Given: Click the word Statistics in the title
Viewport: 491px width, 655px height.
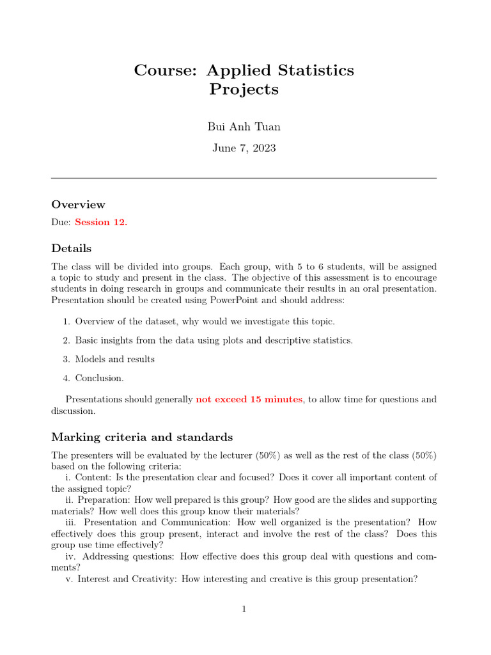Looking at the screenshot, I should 316,70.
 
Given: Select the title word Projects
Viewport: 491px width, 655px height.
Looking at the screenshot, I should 244,90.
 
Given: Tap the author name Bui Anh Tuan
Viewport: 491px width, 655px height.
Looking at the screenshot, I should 244,127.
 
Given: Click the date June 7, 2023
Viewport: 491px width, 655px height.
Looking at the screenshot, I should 244,148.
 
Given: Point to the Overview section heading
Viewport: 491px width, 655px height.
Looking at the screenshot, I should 78,205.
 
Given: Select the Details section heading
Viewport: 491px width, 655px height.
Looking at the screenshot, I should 71,248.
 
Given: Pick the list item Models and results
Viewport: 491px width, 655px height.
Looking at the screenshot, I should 114,359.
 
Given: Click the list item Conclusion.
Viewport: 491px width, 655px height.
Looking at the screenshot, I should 100,378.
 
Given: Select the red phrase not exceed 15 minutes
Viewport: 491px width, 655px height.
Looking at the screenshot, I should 249,400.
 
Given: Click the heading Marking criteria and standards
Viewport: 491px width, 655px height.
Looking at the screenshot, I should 142,438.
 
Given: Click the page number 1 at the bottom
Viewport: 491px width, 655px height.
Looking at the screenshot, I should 244,609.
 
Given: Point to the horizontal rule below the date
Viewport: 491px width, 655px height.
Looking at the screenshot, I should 244,178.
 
